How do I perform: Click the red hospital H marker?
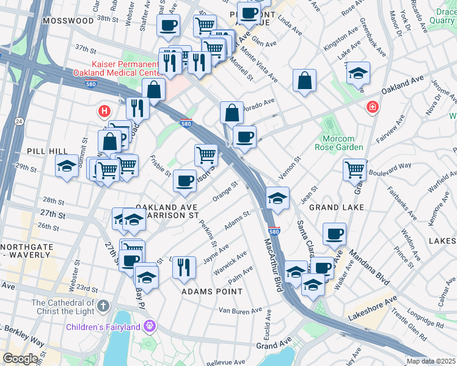(105, 112)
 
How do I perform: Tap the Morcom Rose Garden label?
(343, 143)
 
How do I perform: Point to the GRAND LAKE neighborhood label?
(336, 207)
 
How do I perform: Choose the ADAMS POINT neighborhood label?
(212, 292)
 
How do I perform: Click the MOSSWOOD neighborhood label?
(68, 20)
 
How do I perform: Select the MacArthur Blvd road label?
(276, 266)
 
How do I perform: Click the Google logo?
(20, 359)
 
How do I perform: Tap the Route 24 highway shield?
(19, 123)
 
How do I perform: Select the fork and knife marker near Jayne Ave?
(183, 265)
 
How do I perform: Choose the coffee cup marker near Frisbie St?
(185, 180)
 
